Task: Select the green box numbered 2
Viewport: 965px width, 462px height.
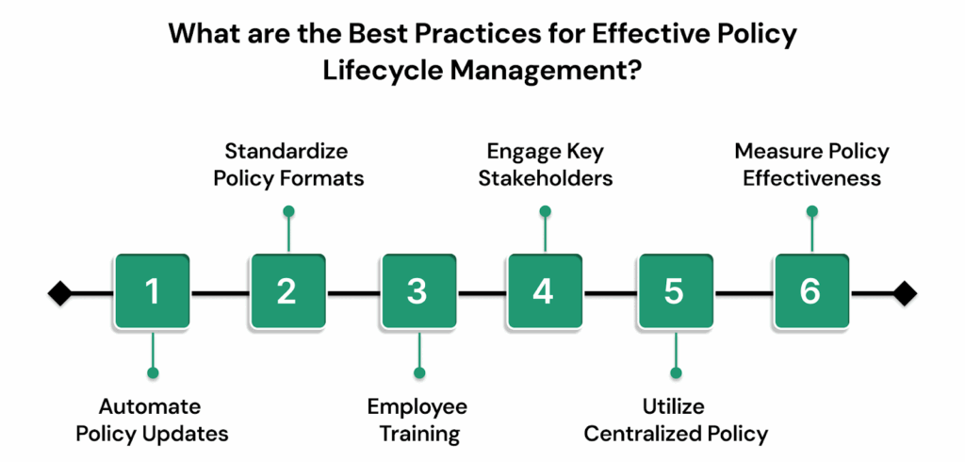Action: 286,292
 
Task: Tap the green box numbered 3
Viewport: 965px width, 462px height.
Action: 417,292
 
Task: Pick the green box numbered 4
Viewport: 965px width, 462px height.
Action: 544,292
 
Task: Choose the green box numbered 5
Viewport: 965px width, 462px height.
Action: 674,292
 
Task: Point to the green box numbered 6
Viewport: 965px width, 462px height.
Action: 810,292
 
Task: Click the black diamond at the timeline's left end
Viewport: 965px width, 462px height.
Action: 59,293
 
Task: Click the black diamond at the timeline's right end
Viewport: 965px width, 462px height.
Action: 905,293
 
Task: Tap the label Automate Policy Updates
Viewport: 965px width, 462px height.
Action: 151,421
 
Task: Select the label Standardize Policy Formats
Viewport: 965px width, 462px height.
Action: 286,164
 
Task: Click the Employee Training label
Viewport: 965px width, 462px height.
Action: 417,421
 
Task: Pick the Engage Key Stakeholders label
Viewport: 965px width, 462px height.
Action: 544,164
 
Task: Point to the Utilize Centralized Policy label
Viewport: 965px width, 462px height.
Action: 675,421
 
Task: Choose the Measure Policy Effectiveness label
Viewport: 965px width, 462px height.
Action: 810,164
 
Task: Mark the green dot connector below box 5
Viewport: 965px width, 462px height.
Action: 675,373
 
